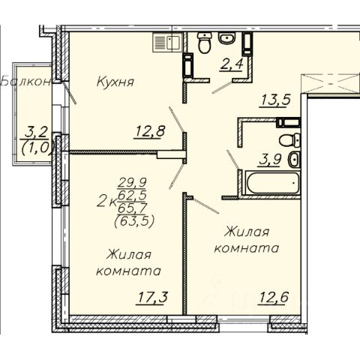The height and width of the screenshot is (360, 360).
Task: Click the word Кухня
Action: coord(115,82)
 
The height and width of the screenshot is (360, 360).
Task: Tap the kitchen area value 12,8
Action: coord(150,131)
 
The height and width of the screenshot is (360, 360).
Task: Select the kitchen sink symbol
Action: coord(167,43)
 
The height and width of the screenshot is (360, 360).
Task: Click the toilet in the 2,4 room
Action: coord(204,42)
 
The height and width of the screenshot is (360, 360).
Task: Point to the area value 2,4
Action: coord(231,64)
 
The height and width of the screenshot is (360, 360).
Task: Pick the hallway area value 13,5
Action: coord(276,100)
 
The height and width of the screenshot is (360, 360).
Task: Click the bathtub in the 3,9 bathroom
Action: coord(272,182)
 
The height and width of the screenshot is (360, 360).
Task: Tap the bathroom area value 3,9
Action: coord(271,160)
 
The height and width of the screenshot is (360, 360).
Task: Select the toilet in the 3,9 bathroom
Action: coord(289,140)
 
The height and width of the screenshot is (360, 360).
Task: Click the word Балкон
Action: coord(26,82)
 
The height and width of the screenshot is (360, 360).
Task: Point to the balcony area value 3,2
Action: coord(37,132)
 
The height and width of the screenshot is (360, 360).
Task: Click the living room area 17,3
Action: coord(151,298)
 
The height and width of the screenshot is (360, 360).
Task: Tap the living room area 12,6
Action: coord(274,297)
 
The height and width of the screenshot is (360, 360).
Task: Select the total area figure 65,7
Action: coord(132,208)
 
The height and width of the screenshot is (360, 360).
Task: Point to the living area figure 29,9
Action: coord(132,182)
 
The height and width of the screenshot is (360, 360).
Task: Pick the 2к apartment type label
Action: coord(106,202)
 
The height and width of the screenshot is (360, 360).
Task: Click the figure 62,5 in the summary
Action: coord(132,195)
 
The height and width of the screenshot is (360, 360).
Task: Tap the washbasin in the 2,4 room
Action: coord(226,38)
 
